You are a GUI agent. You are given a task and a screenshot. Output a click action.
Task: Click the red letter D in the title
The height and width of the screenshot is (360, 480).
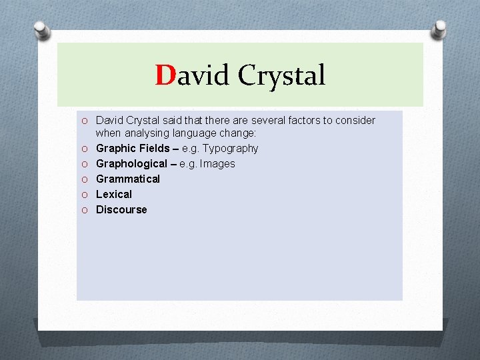(165, 75)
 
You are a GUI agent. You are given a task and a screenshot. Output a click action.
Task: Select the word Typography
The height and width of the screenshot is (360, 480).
(231, 148)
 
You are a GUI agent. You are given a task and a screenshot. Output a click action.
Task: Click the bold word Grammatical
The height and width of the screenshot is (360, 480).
(128, 179)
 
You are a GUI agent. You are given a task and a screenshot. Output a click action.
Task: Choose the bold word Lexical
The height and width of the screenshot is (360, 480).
(114, 194)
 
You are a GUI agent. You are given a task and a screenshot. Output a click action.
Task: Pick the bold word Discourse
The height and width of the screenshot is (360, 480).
(121, 209)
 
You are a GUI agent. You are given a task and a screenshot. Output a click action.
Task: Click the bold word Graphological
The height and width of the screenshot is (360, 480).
(131, 163)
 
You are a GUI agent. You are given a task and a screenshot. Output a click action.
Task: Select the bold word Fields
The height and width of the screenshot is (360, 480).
(155, 148)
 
